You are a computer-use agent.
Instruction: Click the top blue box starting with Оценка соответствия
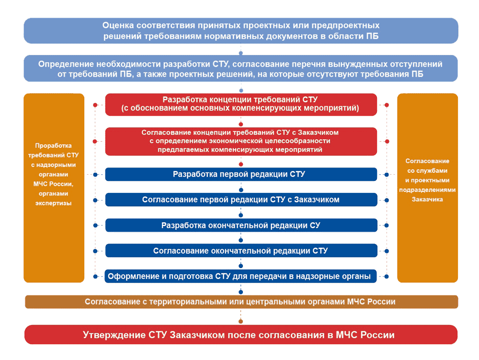coord(241,31)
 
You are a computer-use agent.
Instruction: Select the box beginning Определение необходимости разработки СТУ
coord(241,68)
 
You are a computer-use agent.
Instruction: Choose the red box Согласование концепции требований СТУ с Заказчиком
coord(241,141)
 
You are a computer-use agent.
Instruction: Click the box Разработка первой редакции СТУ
coord(241,174)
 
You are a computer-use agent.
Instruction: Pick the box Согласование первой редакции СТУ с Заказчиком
coord(241,200)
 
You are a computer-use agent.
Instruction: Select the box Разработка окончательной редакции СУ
coord(241,225)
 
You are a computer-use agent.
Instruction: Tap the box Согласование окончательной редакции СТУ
coord(241,250)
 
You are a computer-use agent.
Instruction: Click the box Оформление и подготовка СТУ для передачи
coord(241,276)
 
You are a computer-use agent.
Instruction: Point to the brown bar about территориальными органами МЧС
coord(241,302)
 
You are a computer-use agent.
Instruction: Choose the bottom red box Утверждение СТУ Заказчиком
coord(241,335)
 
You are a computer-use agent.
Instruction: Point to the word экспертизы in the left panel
coord(53,203)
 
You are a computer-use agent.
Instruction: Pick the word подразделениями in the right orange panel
coord(427,190)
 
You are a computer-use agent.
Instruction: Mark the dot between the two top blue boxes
coord(241,53)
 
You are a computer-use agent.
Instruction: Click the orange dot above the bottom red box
coord(241,321)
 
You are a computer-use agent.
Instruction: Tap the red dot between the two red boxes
coord(241,123)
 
